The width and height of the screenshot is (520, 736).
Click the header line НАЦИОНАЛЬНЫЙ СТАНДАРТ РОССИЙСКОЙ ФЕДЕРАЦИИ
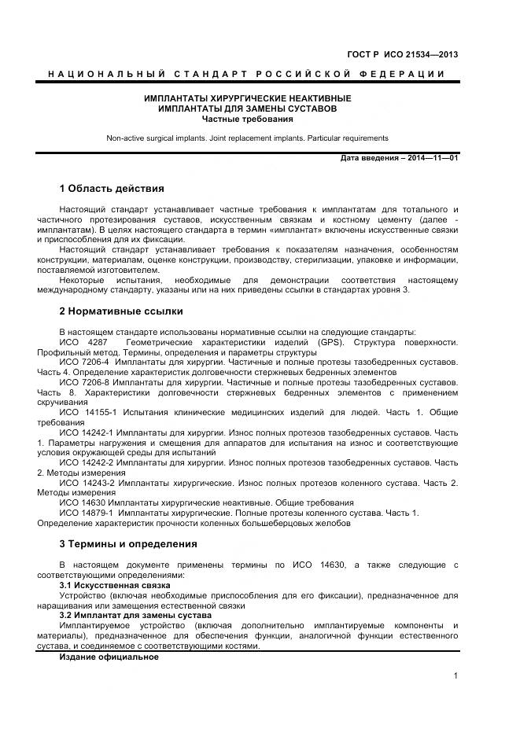(x=247, y=74)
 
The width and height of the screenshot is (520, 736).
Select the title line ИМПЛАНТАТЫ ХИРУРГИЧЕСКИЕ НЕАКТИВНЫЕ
(x=247, y=99)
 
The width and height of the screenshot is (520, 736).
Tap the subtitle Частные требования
(x=247, y=120)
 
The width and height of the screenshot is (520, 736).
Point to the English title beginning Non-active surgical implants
(x=247, y=138)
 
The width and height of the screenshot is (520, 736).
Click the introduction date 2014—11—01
(x=432, y=159)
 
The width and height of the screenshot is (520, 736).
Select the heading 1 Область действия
(x=112, y=189)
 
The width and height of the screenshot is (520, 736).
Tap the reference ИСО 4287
(x=78, y=343)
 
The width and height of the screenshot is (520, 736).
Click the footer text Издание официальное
(x=109, y=656)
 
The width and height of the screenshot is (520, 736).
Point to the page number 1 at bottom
(x=455, y=675)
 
